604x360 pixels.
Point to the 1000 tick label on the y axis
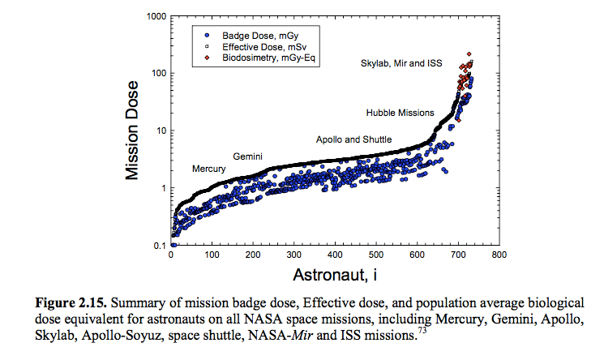coord(153,16)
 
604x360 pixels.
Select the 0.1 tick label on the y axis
coord(156,245)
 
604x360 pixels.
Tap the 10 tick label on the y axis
coord(158,131)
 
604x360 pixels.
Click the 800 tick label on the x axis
coord(499,256)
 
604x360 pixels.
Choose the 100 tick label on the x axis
coord(212,256)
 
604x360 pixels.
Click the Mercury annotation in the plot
coord(208,169)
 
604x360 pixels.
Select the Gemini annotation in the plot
coord(248,155)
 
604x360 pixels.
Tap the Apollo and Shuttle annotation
coord(351,139)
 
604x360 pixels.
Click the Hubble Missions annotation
coord(400,112)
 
